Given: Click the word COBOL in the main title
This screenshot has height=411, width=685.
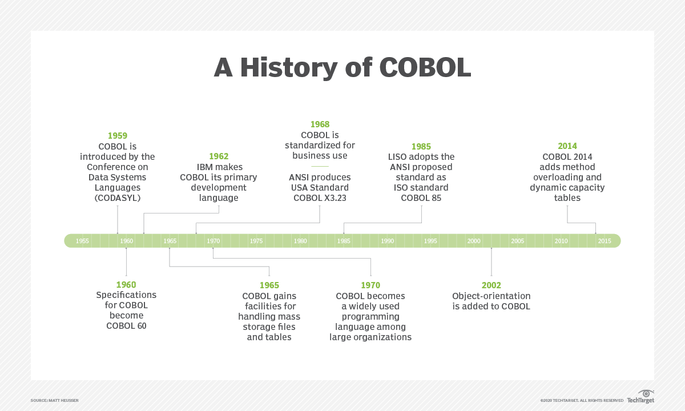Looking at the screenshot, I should (x=425, y=67).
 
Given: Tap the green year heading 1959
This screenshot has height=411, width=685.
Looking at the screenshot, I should (x=117, y=136).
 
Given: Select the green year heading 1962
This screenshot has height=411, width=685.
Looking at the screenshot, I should (x=219, y=156).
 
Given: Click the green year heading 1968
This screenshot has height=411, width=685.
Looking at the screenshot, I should (x=320, y=124).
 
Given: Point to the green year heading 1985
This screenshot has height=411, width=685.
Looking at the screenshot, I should (x=421, y=147).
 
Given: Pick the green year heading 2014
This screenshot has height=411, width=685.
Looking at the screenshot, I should (x=567, y=146).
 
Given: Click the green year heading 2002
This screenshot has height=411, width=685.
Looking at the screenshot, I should (x=491, y=285).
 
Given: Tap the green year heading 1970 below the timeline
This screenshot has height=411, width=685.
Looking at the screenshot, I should (x=370, y=285).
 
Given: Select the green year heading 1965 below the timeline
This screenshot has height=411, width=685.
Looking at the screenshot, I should (x=269, y=285).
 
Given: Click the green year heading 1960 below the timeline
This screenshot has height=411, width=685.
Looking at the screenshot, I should (x=126, y=285).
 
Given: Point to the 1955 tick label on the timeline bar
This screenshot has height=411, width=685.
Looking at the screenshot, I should (x=82, y=241).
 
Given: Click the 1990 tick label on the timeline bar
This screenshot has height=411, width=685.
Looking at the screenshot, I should (x=387, y=241).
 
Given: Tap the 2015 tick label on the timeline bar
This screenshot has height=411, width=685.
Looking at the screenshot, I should (x=605, y=241).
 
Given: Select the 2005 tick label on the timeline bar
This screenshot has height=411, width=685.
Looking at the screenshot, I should (x=517, y=241).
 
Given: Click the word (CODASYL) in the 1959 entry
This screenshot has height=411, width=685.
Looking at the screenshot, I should (x=118, y=198).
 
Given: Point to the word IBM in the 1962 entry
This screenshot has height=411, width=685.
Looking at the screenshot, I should (x=204, y=167).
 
